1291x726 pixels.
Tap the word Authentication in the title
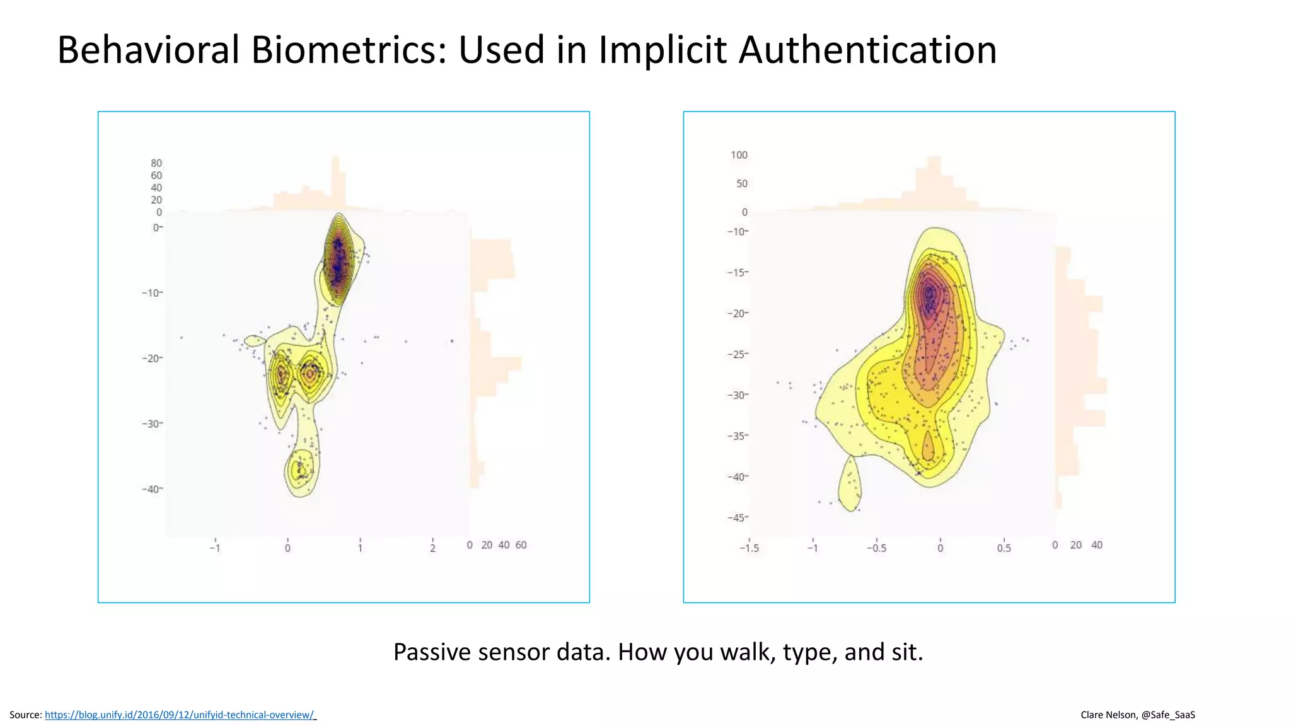(x=867, y=50)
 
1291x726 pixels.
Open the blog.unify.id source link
(x=179, y=715)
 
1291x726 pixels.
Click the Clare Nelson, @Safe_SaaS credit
(x=1137, y=715)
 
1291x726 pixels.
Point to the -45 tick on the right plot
(x=737, y=517)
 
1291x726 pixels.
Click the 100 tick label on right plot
(x=739, y=155)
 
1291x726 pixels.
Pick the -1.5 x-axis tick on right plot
(x=749, y=548)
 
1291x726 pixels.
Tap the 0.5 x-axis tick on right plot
(x=1004, y=548)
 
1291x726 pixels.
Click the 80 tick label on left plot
(x=156, y=163)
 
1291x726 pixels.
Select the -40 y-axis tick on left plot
(x=151, y=489)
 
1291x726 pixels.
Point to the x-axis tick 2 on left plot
(x=432, y=548)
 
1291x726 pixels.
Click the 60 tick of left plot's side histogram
(x=521, y=545)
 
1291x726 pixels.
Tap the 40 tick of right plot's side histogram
(x=1097, y=545)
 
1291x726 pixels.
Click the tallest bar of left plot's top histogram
(x=335, y=183)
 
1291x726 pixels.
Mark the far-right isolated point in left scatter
(x=452, y=341)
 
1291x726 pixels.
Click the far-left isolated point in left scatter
(x=182, y=338)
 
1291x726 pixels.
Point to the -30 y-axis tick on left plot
(x=151, y=423)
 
